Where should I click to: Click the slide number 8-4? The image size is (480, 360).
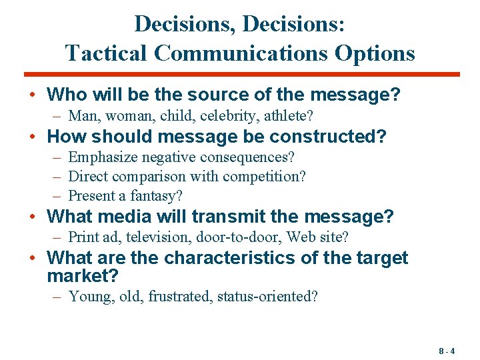(x=447, y=351)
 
